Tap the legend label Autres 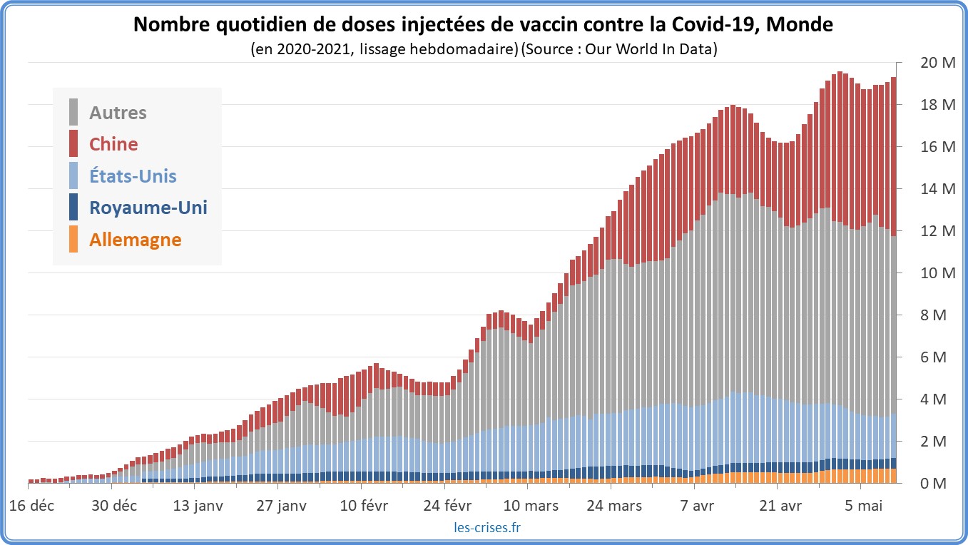[x=118, y=113]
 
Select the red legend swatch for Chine [x=73, y=143]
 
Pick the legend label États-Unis [x=133, y=175]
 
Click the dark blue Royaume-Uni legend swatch [x=73, y=208]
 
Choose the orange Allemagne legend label [x=135, y=240]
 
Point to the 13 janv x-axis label [x=199, y=506]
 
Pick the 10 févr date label [x=365, y=506]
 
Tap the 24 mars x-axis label [x=614, y=506]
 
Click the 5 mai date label [x=864, y=506]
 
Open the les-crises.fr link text [x=486, y=528]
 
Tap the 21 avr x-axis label [x=780, y=506]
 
